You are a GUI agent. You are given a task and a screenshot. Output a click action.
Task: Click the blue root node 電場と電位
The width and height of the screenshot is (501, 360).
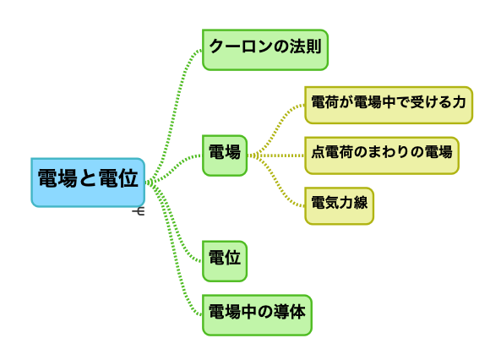88,183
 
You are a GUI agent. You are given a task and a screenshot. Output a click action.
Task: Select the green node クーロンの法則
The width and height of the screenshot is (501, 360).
265,50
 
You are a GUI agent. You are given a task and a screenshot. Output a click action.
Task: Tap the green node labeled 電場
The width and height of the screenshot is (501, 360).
225,155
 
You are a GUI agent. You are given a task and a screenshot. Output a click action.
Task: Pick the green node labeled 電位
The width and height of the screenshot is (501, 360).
225,261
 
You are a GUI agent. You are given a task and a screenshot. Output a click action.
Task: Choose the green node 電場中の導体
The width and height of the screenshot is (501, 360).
257,315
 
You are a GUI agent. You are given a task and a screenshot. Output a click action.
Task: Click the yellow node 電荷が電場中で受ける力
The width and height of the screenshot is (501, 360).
389,105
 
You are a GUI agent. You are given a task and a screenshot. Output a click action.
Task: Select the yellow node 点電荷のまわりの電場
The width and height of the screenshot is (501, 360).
382,155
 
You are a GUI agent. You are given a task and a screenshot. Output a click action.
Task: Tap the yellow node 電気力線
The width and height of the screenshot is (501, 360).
340,206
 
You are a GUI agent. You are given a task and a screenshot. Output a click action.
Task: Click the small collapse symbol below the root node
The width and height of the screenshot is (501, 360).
139,211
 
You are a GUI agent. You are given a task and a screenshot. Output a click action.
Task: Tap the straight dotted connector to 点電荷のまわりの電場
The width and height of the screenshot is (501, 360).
276,155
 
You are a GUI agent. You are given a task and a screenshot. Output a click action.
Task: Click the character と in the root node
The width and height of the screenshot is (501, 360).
88,178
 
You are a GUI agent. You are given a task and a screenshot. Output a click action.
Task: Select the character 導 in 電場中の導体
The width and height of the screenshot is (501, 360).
282,312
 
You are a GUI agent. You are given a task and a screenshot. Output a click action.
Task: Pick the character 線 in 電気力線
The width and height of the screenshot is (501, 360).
361,203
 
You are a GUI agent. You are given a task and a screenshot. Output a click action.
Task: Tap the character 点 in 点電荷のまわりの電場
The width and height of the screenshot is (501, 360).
319,152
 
